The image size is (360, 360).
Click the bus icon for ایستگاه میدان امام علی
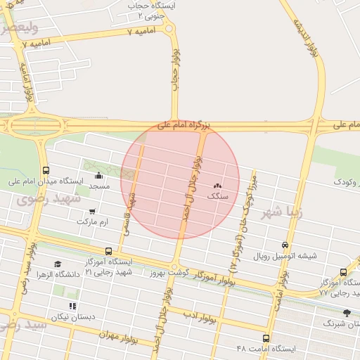coord(46,170)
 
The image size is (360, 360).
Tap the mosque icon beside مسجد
coord(98,175)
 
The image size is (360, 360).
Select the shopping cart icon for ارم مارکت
coord(91,211)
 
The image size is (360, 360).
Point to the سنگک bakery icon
coord(217,186)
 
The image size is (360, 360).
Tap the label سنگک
coord(218,196)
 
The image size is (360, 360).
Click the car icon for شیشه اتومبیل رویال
coord(284,245)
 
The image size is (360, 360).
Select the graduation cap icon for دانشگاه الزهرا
coord(58,264)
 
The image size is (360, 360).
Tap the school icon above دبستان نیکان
coord(72,306)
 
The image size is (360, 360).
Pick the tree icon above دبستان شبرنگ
coord(346,313)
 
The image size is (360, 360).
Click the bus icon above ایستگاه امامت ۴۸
coord(266,338)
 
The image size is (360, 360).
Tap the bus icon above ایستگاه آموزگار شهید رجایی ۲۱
coord(108,251)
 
